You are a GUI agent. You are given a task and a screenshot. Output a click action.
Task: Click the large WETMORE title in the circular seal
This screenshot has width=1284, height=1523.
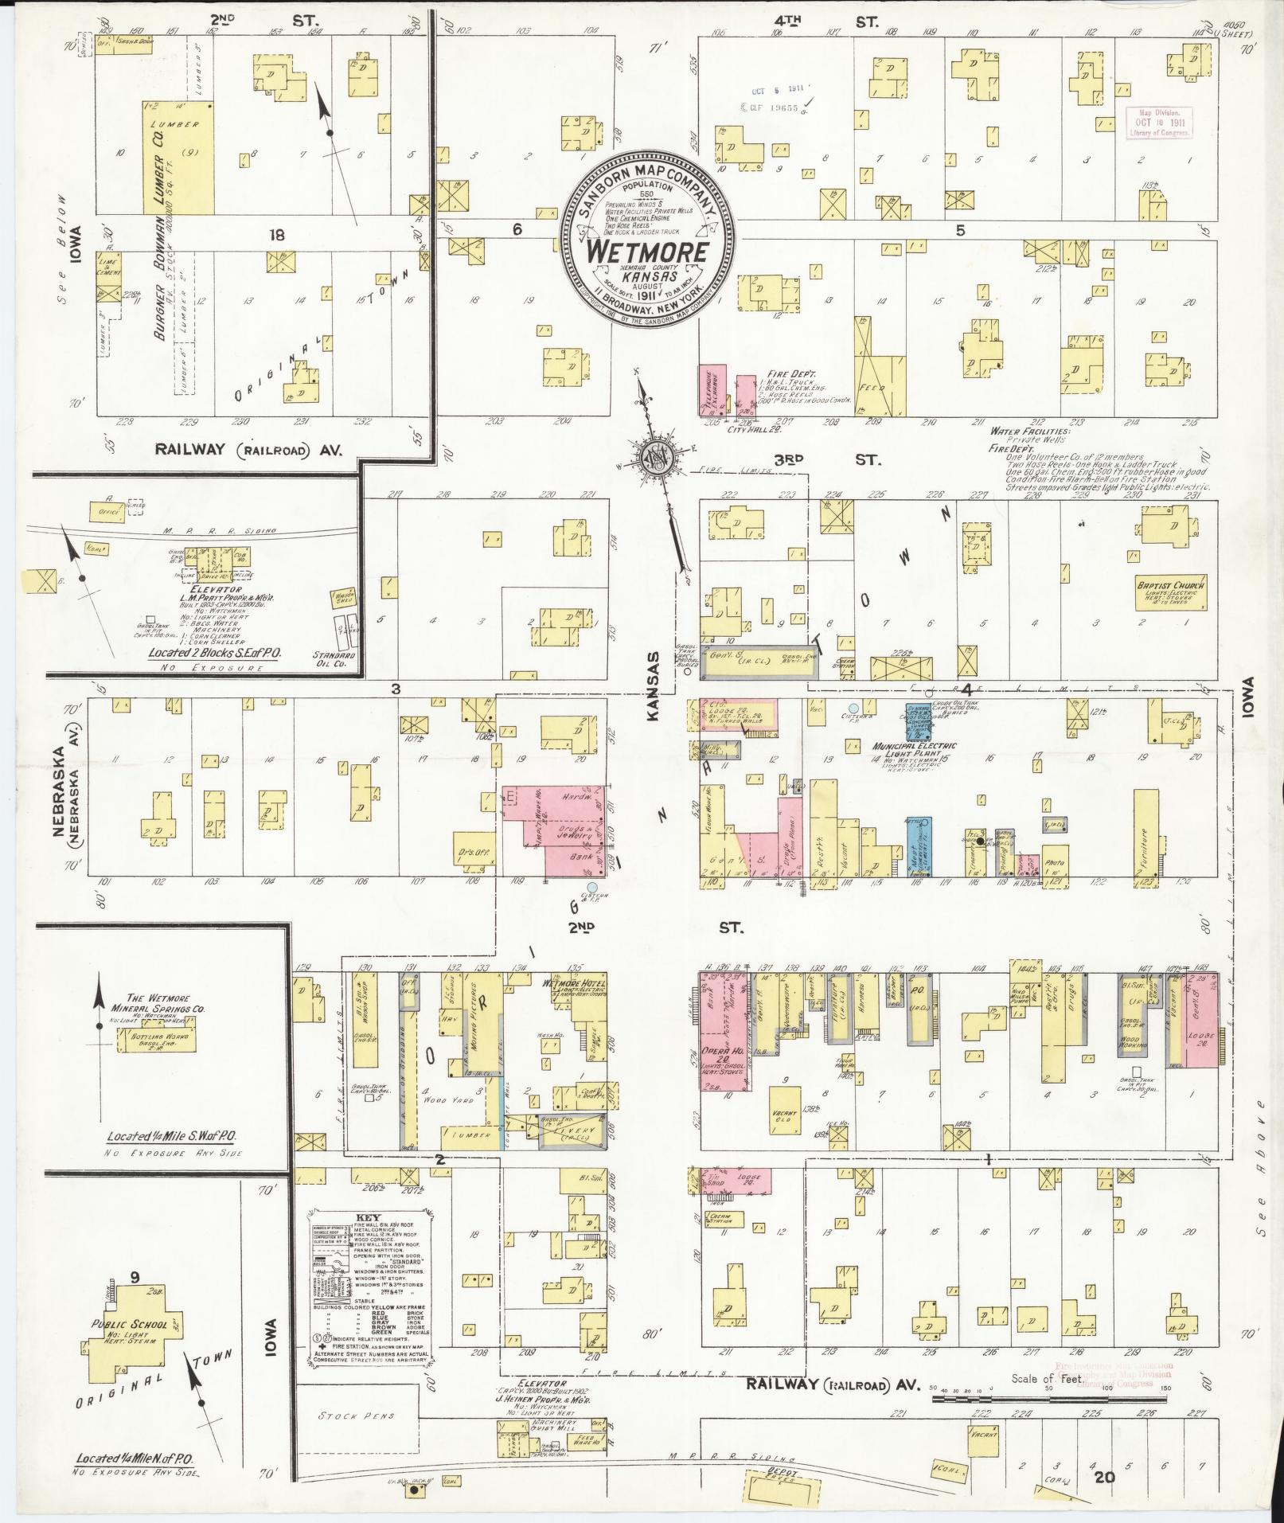coord(647,253)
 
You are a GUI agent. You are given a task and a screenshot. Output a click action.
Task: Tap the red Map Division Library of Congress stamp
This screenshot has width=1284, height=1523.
coord(1159,123)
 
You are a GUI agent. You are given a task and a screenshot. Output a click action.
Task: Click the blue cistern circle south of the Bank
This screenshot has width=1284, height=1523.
coord(591,886)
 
